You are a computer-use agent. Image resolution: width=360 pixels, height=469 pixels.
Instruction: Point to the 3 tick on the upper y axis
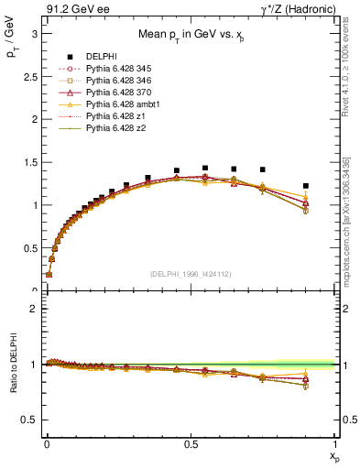34,33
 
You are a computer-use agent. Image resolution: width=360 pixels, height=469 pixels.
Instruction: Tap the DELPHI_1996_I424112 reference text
190,273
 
